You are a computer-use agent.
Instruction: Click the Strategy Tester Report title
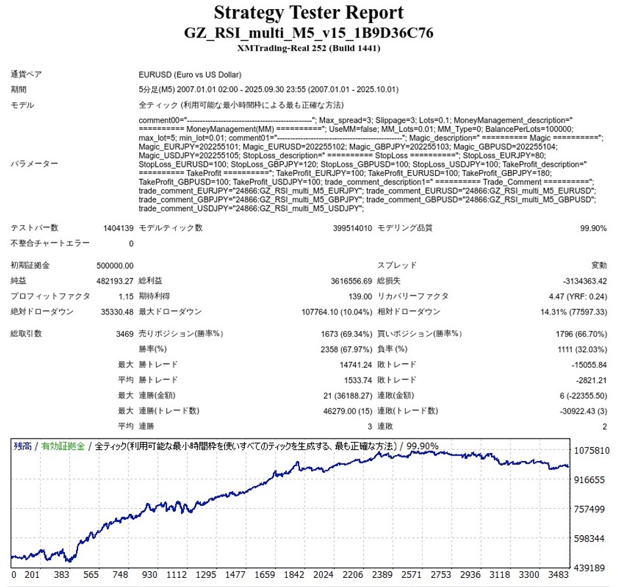point(308,12)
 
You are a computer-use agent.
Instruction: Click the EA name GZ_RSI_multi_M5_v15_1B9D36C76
point(308,33)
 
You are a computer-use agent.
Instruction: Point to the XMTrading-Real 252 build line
point(308,48)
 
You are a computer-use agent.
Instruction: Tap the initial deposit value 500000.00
point(114,265)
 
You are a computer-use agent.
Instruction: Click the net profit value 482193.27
point(114,280)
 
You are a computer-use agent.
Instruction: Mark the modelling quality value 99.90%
point(593,228)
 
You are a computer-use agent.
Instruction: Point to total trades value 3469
point(124,334)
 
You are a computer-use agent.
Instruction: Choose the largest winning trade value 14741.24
point(352,364)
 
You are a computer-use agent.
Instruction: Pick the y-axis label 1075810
point(591,451)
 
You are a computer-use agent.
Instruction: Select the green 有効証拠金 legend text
point(63,446)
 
